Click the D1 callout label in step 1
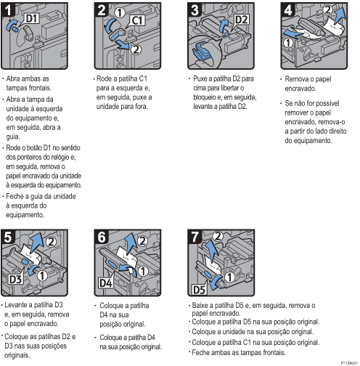point(32,18)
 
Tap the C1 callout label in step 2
point(138,20)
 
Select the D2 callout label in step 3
point(241,20)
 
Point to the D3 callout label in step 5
point(16,279)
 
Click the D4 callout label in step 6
point(105,282)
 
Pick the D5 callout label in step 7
point(199,290)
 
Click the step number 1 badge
point(8,10)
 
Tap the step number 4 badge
point(288,10)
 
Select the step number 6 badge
point(102,237)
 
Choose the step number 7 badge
point(195,237)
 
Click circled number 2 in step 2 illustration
point(136,49)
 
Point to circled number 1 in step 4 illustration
point(288,43)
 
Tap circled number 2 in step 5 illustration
point(51,242)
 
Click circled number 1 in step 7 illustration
point(229,277)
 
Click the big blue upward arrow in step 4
point(339,15)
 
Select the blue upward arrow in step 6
point(131,244)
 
